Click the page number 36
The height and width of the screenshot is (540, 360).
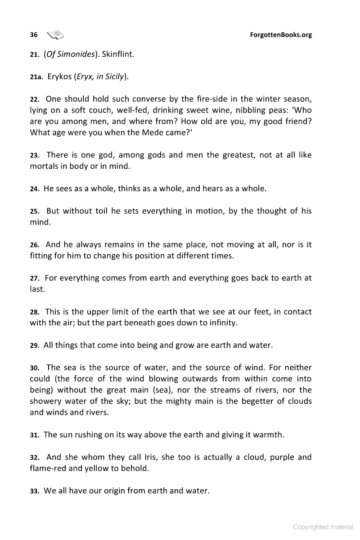pyautogui.click(x=34, y=35)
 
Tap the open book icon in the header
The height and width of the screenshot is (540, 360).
pyautogui.click(x=55, y=35)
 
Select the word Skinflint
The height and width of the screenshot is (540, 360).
pyautogui.click(x=118, y=54)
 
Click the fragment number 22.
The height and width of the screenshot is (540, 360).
pyautogui.click(x=35, y=99)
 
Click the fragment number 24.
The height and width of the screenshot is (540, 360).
pyautogui.click(x=35, y=189)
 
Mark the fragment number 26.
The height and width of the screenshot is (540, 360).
pyautogui.click(x=35, y=245)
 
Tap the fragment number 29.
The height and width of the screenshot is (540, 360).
pyautogui.click(x=35, y=346)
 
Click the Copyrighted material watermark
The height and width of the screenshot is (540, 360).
pyautogui.click(x=323, y=527)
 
